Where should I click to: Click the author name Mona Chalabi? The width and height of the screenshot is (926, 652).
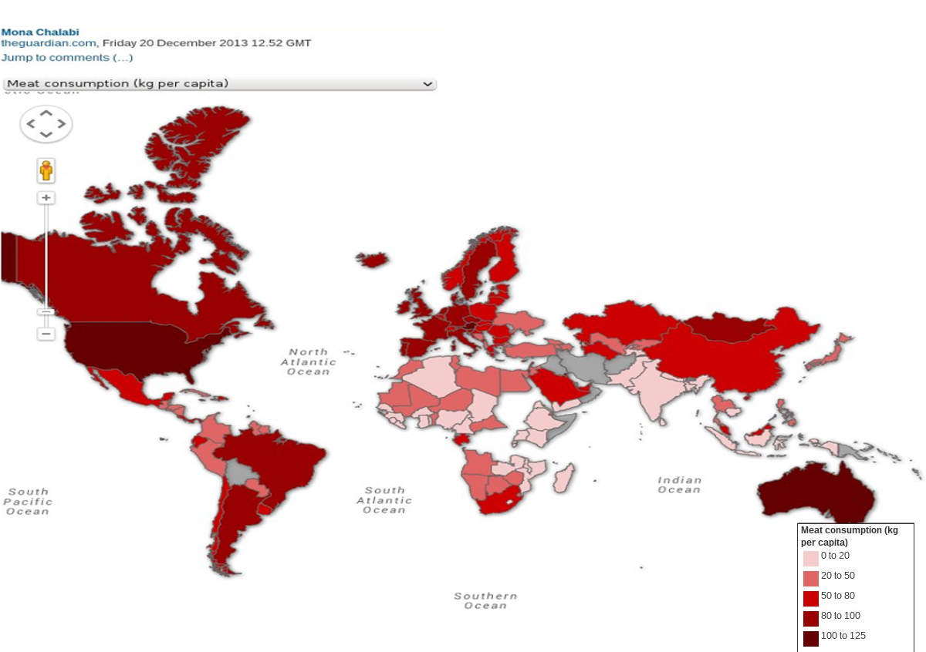click(40, 32)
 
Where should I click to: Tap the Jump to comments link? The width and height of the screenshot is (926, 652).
click(67, 57)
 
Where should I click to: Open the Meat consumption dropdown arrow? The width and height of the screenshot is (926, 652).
click(428, 83)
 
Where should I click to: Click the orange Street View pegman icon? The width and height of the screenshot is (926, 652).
click(46, 170)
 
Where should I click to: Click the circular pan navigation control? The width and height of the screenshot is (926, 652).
click(46, 123)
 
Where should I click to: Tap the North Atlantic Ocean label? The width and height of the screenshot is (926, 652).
click(309, 361)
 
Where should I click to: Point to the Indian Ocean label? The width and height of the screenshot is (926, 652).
click(679, 484)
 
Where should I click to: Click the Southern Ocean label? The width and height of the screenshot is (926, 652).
click(485, 600)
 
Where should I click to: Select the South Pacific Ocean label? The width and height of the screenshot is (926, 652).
click(28, 501)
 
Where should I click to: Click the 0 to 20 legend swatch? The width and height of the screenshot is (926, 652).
click(810, 558)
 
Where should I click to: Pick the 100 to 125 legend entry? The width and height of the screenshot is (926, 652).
click(843, 636)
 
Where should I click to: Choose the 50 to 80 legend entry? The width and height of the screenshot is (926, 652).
click(837, 596)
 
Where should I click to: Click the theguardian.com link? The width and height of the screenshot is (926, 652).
click(49, 43)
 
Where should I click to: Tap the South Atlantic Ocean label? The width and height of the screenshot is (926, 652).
click(384, 499)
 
